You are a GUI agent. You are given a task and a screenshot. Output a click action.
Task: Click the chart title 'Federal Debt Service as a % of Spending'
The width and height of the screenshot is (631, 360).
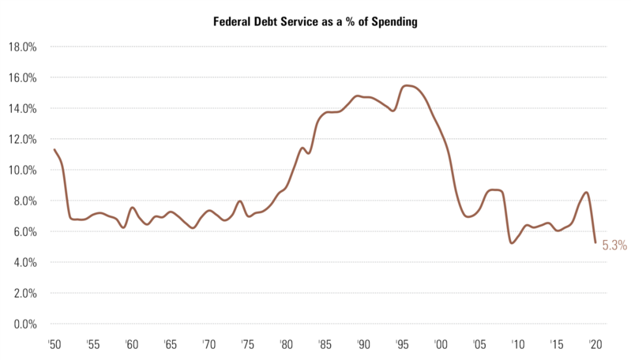(315, 22)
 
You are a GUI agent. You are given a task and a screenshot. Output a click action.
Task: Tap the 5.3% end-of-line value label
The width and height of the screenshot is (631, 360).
(614, 246)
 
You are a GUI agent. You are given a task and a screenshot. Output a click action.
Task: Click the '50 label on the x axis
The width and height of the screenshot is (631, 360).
(54, 344)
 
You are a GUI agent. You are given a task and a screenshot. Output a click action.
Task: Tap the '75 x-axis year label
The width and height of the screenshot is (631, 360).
(247, 344)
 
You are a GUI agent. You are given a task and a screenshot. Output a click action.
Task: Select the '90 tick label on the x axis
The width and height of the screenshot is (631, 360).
(362, 344)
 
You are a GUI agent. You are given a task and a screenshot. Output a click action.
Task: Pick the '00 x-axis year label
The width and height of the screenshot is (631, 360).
(440, 344)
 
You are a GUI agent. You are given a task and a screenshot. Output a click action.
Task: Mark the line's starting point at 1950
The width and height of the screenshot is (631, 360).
(54, 149)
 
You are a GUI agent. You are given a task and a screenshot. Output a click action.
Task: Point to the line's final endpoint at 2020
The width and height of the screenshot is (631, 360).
(595, 242)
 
